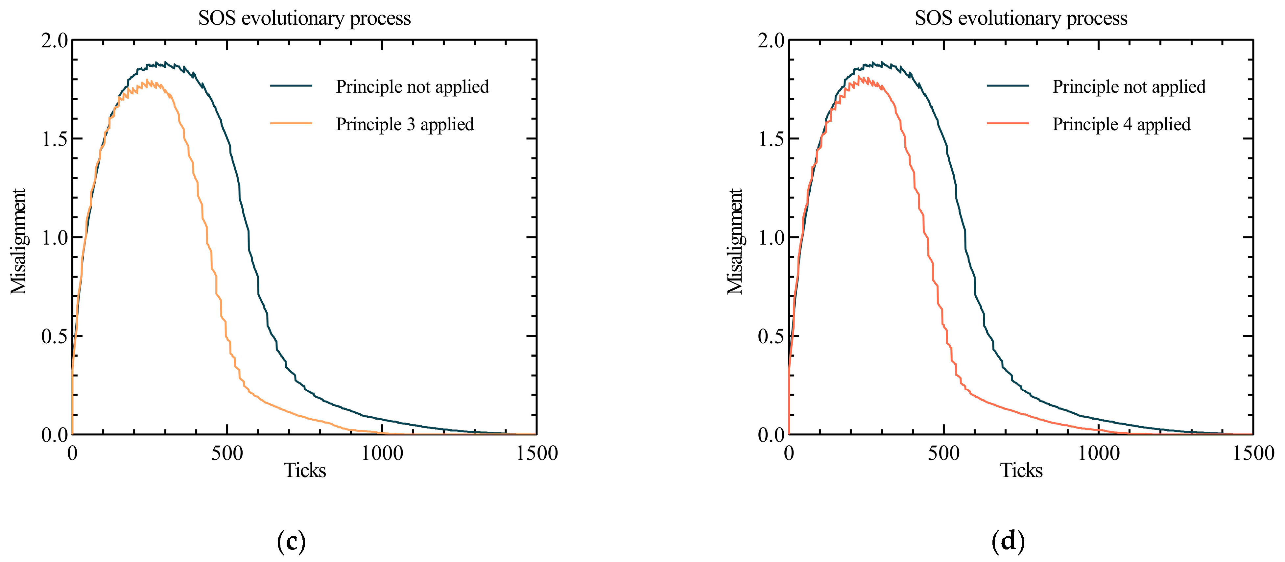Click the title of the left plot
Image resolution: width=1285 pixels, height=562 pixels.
304,18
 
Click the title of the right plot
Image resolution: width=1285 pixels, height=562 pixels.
1021,18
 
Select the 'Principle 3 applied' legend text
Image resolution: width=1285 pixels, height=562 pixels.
405,124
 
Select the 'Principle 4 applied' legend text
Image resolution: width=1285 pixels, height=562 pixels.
1121,124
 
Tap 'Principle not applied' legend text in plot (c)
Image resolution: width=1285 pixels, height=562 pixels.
412,87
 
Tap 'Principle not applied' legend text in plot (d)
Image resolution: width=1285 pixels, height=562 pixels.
1129,87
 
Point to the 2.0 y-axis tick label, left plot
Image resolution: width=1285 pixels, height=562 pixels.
54,41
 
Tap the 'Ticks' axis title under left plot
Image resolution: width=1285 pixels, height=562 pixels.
304,471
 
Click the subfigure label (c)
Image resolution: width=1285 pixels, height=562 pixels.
291,541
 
